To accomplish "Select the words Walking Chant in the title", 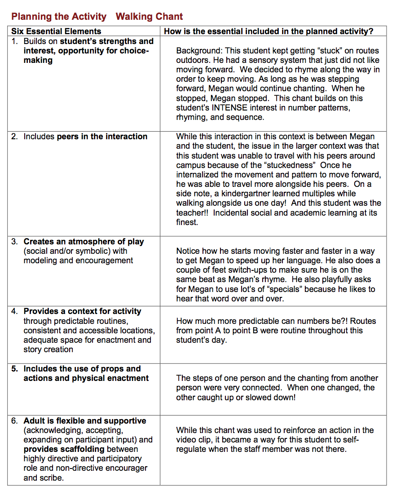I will pos(149,17).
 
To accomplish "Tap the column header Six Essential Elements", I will pos(56,31).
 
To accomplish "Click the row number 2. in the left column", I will pos(15,137).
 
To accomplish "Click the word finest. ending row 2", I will pos(187,222).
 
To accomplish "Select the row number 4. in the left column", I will pos(15,311).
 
